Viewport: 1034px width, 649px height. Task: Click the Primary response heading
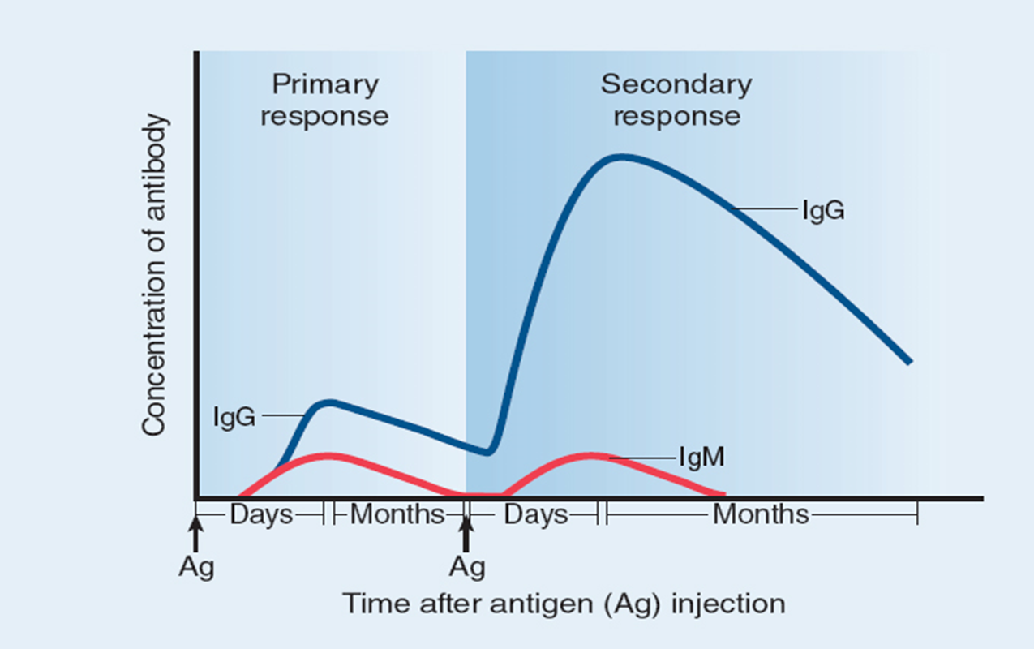(324, 100)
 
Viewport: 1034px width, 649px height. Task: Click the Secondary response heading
(676, 100)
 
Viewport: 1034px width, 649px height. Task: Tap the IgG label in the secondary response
(823, 210)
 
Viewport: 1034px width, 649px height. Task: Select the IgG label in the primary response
(234, 417)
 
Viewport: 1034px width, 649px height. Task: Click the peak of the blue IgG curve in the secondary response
(620, 157)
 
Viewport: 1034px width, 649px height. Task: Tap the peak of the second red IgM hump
(591, 455)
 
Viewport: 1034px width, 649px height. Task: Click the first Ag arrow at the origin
(195, 535)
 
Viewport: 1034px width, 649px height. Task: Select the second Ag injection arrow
(466, 535)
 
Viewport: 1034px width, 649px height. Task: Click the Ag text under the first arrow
(196, 567)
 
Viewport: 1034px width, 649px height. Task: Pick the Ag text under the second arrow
(467, 567)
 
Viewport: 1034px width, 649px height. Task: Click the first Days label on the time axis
(261, 515)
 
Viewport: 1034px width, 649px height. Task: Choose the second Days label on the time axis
(535, 515)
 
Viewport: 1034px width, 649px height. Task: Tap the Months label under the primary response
(397, 515)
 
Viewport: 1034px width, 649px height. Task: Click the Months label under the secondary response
(761, 515)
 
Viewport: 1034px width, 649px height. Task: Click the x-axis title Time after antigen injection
(563, 604)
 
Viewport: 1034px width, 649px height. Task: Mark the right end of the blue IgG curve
(909, 361)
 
